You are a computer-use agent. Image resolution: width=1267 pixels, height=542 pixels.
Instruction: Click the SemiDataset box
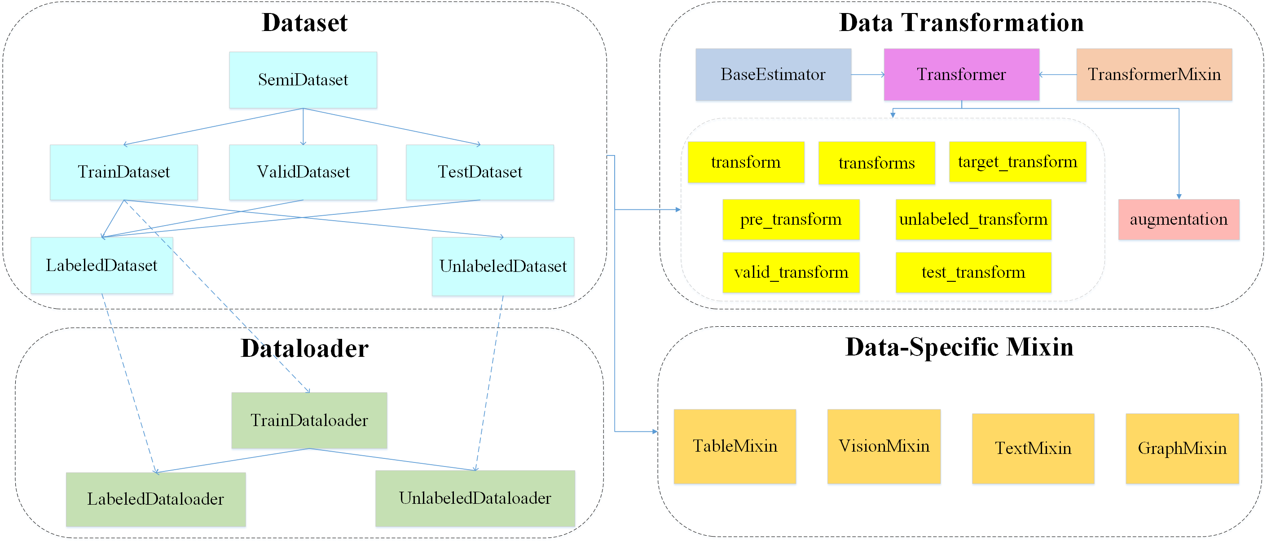point(303,80)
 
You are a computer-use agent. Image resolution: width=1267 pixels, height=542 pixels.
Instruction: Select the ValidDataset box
point(303,172)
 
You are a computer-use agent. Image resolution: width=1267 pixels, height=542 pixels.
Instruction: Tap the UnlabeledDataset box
point(503,267)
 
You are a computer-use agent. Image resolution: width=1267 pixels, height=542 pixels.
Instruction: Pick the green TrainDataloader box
point(309,420)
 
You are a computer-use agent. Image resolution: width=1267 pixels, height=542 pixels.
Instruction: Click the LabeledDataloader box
point(155,499)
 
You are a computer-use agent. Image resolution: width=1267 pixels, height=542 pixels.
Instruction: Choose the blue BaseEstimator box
point(773,74)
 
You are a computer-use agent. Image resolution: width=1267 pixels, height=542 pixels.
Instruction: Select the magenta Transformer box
point(961,74)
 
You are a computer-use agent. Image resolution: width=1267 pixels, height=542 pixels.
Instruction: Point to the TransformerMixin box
point(1154,74)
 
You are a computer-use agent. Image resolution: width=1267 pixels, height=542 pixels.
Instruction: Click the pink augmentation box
point(1179,219)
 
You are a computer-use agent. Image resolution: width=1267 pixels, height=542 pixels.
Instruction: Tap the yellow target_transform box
point(1017,162)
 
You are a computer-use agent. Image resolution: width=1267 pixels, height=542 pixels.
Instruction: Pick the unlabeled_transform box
point(973,219)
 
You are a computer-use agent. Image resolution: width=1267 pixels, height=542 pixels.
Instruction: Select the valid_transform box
point(790,272)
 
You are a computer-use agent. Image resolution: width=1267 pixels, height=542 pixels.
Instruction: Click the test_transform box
point(973,272)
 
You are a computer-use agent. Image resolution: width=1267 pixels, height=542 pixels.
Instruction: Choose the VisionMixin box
point(884,446)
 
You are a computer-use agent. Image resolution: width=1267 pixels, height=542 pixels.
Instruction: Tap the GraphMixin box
point(1182,448)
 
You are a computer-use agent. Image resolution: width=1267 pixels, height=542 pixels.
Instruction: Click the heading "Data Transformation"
point(961,22)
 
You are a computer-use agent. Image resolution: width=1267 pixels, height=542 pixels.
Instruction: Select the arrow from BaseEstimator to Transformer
point(867,75)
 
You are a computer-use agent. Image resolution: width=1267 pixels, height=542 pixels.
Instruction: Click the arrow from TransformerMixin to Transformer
point(1057,75)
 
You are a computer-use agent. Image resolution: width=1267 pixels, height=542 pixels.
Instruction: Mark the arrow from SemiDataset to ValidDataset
point(303,127)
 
